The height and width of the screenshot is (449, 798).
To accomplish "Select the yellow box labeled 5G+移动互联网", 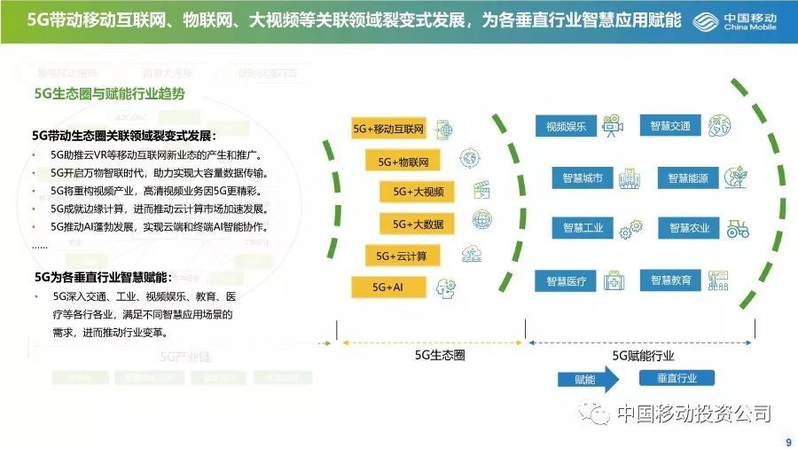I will pos(389,130).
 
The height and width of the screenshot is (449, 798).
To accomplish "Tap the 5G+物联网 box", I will pos(403,162).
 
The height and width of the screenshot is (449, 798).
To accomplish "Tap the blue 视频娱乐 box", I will pos(560,126).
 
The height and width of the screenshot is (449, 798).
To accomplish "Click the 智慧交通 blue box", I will pos(669,125).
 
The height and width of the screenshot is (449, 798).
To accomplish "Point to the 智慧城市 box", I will pos(582,177).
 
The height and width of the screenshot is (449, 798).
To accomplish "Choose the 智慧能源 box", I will pos(687,178).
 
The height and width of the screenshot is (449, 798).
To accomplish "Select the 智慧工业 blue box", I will pos(582,228).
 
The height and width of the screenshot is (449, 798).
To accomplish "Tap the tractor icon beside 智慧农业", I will pos(736,228).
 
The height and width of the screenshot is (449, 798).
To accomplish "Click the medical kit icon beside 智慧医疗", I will pos(614,281).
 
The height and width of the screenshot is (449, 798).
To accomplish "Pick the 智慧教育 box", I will pos(670,280).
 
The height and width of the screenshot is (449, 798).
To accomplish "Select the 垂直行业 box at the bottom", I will pos(677,379).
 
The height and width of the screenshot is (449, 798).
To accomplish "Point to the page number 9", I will pos(788,442).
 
